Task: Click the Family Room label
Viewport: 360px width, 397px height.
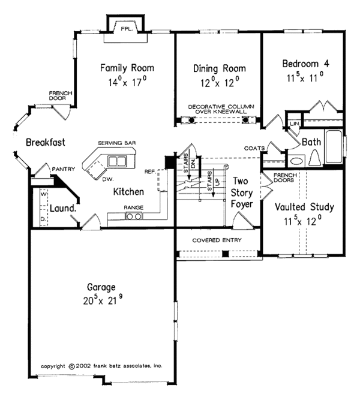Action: (x=127, y=67)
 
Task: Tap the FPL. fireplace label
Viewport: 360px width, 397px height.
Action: (x=126, y=28)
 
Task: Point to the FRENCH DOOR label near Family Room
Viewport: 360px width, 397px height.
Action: (x=61, y=95)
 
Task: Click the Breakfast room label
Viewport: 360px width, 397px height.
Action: (x=45, y=142)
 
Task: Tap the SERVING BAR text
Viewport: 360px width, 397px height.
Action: (x=117, y=143)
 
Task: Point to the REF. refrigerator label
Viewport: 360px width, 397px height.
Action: (x=150, y=172)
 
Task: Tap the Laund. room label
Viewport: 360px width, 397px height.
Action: (x=62, y=208)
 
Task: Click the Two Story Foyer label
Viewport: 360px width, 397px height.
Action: (x=241, y=192)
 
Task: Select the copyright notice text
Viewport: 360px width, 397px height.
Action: (x=101, y=365)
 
